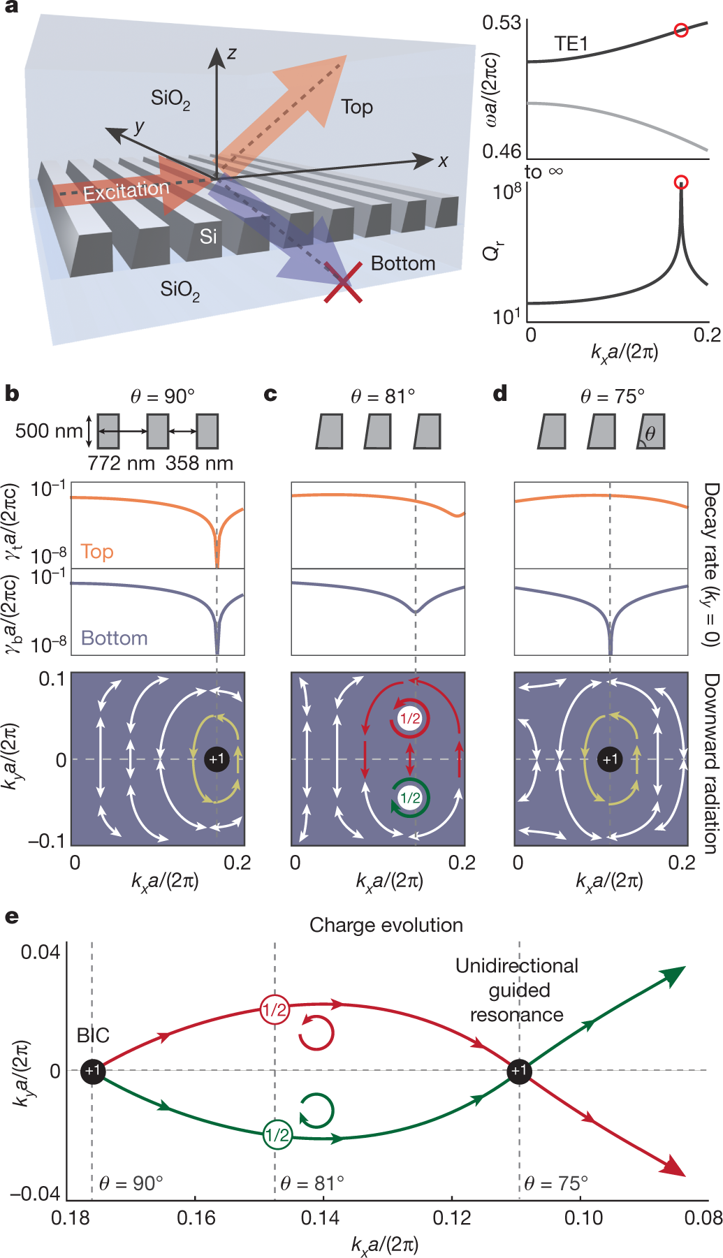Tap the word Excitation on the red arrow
coord(126,190)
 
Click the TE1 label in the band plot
coord(571,44)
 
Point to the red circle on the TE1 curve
coord(681,30)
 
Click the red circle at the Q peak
coord(681,182)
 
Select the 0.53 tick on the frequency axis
coord(502,23)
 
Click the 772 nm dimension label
coord(121,463)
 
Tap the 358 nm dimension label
coord(199,463)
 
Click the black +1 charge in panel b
coord(217,759)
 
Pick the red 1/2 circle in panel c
coord(410,719)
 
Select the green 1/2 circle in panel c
coord(410,798)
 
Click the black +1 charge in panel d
coord(611,759)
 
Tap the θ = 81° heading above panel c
coord(383,397)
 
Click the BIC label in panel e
coord(93,1035)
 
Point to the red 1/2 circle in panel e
coord(274,1009)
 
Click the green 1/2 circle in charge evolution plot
coord(277,1135)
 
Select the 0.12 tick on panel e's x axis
coord(452,1217)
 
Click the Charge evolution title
coord(386,925)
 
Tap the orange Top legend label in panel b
coord(97,552)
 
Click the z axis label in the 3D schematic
coord(232,53)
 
